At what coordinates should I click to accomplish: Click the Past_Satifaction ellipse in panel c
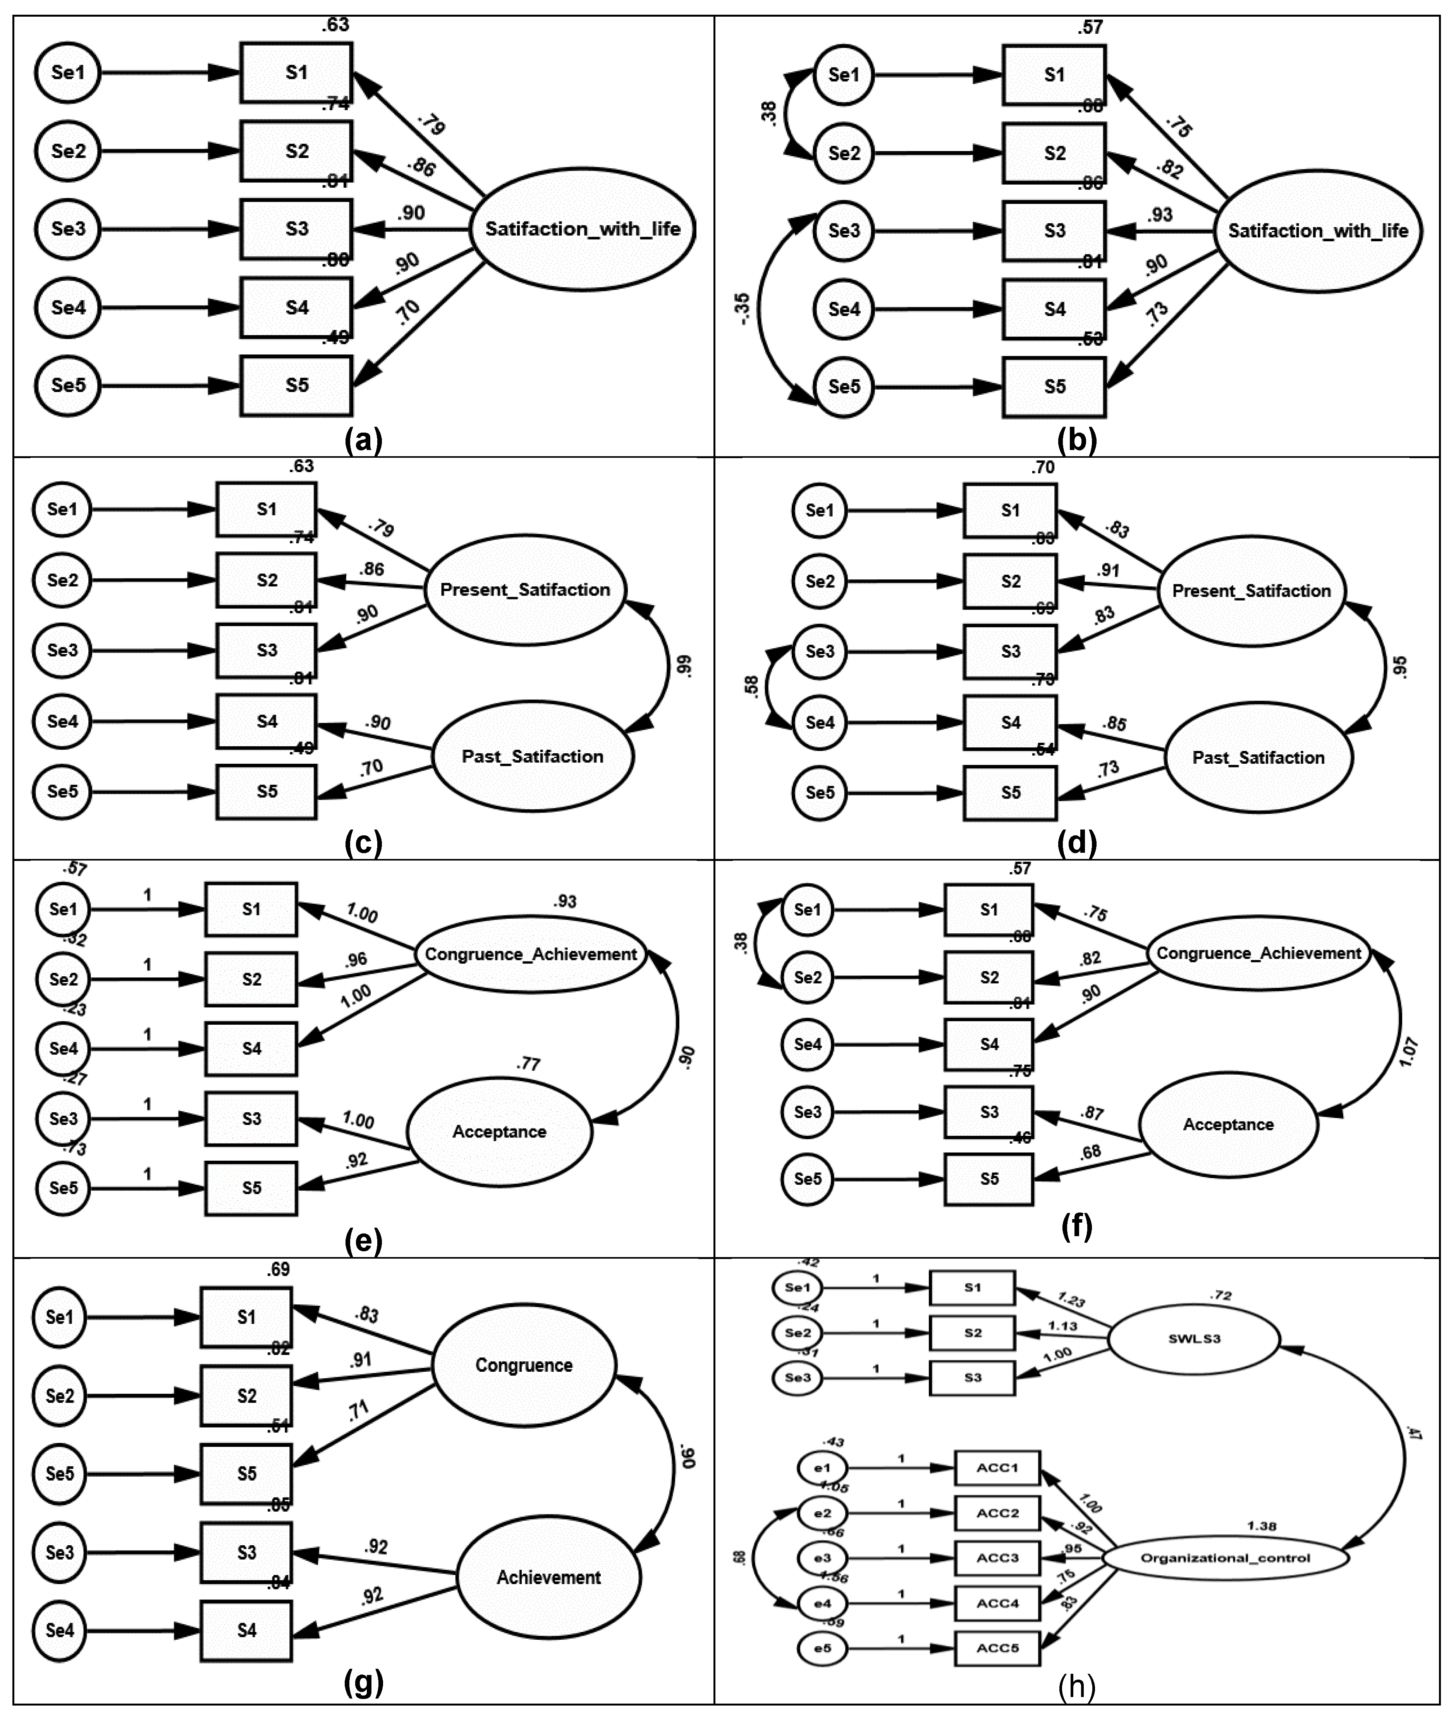click(532, 756)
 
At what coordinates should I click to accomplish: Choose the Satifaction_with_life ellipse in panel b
click(1317, 231)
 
